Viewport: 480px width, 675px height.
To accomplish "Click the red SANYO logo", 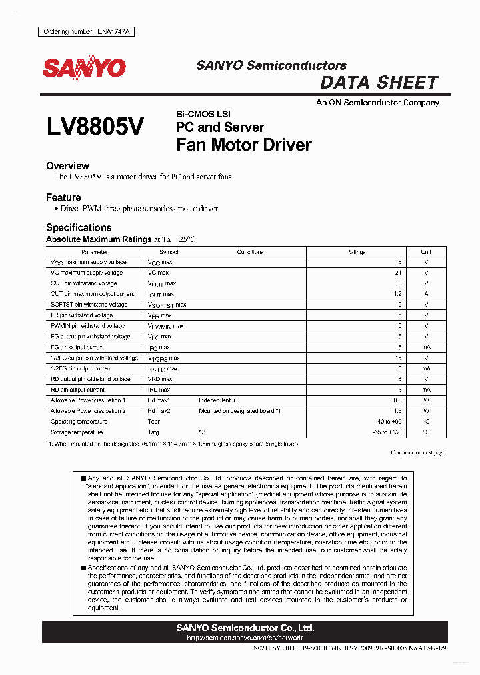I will pyautogui.click(x=84, y=68).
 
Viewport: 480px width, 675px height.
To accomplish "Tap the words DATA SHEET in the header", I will pyautogui.click(x=379, y=83).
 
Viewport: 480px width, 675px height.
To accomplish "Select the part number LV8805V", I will pyautogui.click(x=95, y=128).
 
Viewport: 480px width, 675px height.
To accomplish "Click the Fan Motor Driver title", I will pyautogui.click(x=243, y=145).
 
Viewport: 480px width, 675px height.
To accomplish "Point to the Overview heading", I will pyautogui.click(x=67, y=166).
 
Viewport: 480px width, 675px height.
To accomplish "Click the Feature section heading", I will pyautogui.click(x=63, y=197).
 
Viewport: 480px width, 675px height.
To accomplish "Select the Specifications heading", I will pyautogui.click(x=79, y=227).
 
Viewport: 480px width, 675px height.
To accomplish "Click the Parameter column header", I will pyautogui.click(x=95, y=252).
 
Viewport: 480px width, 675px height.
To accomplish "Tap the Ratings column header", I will pyautogui.click(x=357, y=252).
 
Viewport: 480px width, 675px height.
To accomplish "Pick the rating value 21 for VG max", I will pyautogui.click(x=398, y=273).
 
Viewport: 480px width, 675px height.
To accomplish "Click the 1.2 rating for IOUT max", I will pyautogui.click(x=397, y=294).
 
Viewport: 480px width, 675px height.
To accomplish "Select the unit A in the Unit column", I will pyautogui.click(x=426, y=294).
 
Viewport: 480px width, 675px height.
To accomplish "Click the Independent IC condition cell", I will pyautogui.click(x=218, y=400).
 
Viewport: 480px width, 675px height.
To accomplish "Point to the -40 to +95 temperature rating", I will pyautogui.click(x=389, y=422).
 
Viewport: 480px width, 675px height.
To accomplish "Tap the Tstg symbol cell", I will pyautogui.click(x=153, y=432).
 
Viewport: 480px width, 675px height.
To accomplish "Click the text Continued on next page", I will pyautogui.click(x=418, y=453).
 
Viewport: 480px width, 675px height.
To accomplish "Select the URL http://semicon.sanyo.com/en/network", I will pyautogui.click(x=245, y=638).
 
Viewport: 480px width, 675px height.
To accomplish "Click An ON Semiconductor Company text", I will pyautogui.click(x=377, y=103).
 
